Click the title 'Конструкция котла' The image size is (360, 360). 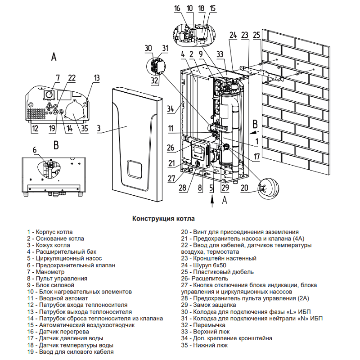[163, 218]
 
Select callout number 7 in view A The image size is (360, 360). [57, 78]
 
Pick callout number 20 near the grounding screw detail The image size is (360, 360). [245, 188]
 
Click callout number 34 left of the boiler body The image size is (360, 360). [170, 108]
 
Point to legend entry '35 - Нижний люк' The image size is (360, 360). [204, 345]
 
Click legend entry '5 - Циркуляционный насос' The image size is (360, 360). [64, 259]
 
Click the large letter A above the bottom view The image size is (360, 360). [54, 57]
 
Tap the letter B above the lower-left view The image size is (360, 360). [55, 144]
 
